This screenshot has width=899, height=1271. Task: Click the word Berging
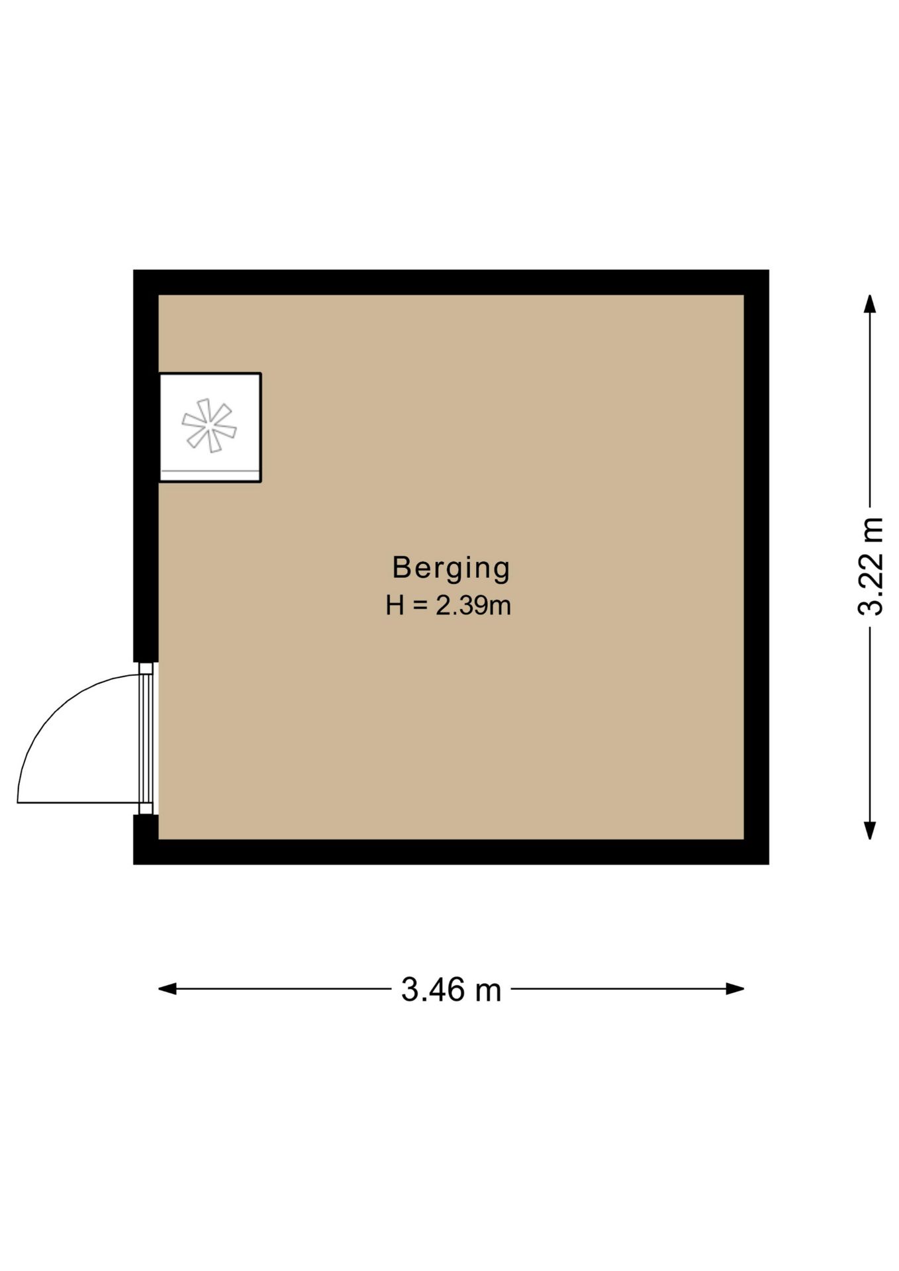(451, 569)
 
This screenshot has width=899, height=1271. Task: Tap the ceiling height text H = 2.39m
(449, 605)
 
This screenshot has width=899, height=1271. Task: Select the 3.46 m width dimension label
(451, 990)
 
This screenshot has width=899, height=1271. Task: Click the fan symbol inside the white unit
(209, 426)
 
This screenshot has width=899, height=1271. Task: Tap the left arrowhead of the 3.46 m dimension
(167, 989)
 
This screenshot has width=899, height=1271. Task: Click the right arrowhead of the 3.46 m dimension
(735, 989)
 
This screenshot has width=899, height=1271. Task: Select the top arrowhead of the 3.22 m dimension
(871, 304)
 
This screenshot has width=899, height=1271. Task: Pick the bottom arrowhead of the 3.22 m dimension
(871, 831)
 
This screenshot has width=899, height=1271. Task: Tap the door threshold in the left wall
(146, 738)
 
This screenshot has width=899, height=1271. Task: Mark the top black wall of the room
(451, 282)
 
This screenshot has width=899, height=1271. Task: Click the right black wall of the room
(757, 567)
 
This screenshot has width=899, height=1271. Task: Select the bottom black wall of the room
(451, 852)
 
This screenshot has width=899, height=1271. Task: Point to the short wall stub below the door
(146, 827)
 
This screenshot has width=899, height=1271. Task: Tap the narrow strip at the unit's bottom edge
(209, 475)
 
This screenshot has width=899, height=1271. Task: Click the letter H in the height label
(395, 606)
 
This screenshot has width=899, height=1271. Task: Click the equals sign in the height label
(420, 606)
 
